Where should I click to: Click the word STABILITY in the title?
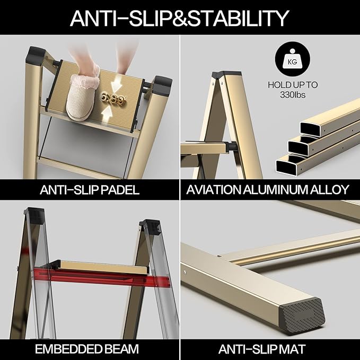pos(238,18)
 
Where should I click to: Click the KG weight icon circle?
pos(293,59)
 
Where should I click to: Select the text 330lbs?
pos(293,94)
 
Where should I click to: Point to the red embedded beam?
pos(102,277)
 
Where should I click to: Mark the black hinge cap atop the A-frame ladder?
pos(226,74)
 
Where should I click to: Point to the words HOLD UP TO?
pos(293,85)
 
